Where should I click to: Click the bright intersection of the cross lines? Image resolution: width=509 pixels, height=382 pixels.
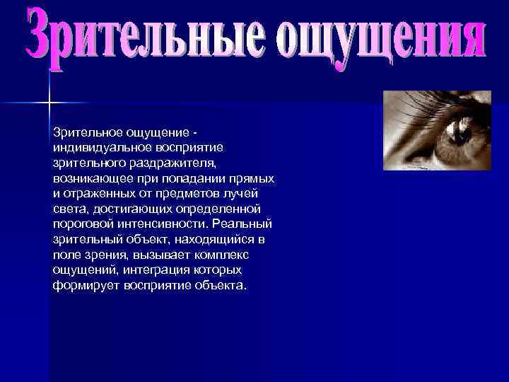(x=49, y=103)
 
